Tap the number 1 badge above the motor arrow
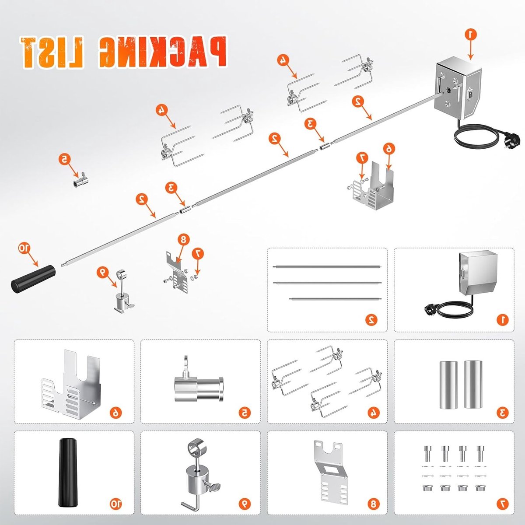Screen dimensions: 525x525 (470, 35)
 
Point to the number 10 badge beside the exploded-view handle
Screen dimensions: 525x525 (24, 248)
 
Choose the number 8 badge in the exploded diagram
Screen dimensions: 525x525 (183, 240)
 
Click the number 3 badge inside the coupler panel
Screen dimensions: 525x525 (503, 412)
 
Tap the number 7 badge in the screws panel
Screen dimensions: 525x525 (503, 504)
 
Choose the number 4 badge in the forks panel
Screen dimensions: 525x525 (376, 412)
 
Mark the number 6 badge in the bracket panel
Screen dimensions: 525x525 (116, 412)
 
